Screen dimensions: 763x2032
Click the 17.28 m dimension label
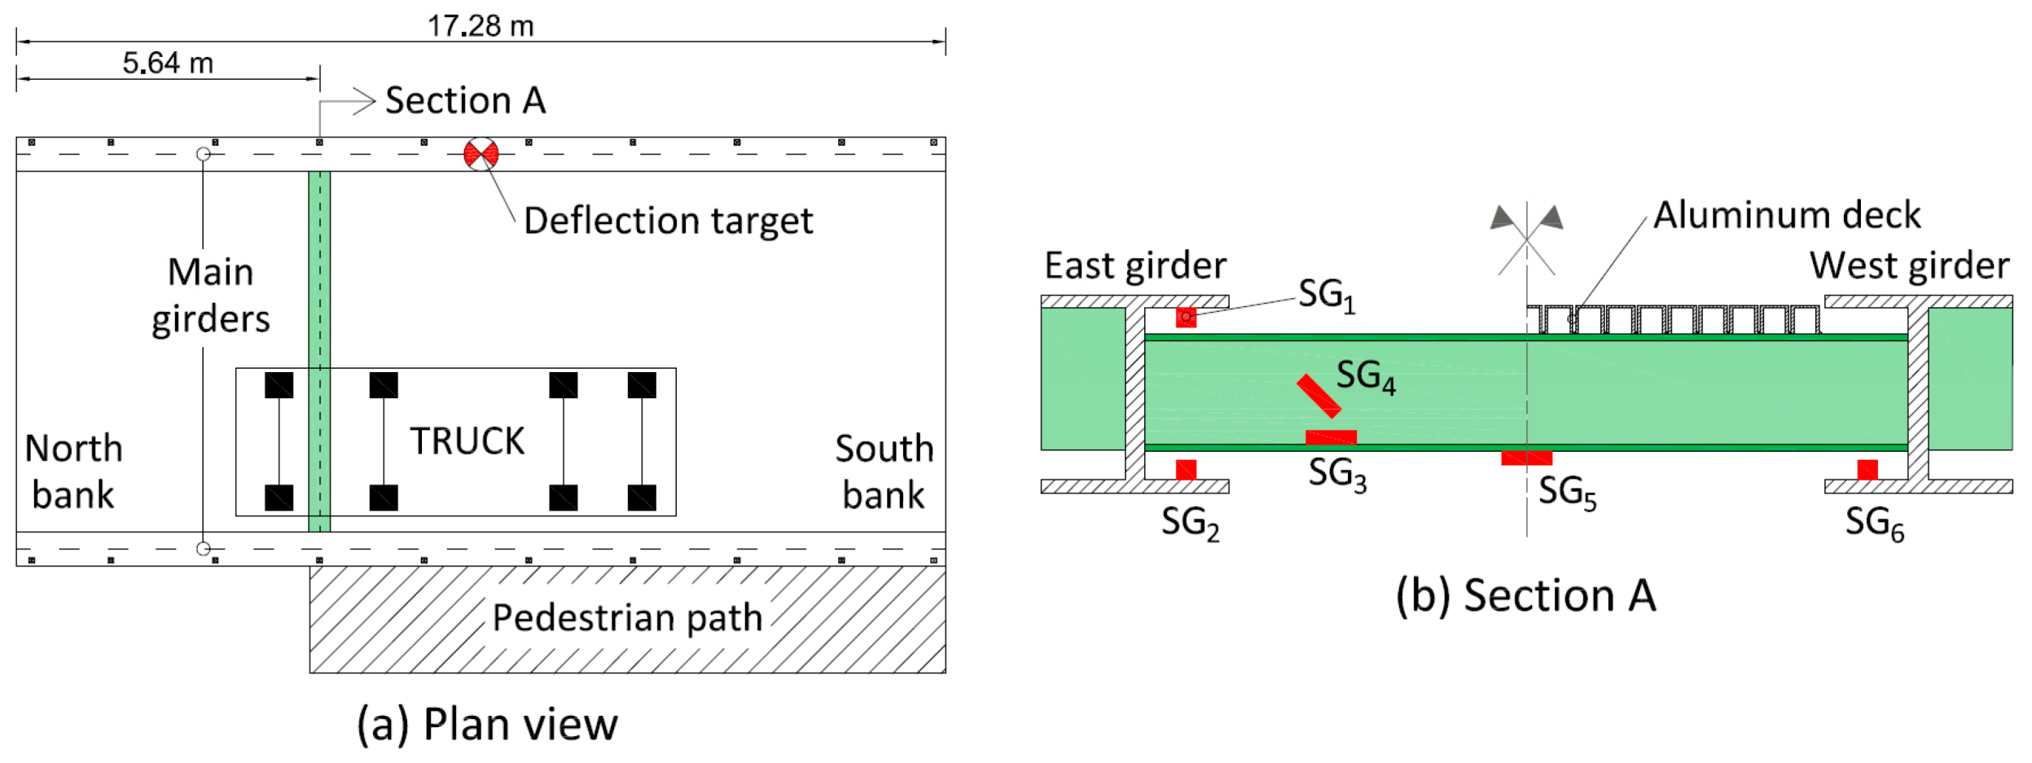(x=481, y=26)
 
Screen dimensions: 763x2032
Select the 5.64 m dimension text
(x=168, y=63)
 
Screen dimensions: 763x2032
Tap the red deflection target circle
(x=481, y=154)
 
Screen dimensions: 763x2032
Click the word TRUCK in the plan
(x=467, y=441)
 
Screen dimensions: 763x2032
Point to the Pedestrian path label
(x=627, y=618)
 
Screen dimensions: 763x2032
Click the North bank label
(x=72, y=471)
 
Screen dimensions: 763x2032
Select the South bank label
(x=884, y=471)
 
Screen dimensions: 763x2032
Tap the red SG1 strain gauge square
(x=1186, y=317)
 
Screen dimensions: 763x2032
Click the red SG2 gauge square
(x=1186, y=470)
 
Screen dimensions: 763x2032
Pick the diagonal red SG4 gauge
(x=1319, y=396)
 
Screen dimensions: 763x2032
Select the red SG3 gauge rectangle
(x=1331, y=437)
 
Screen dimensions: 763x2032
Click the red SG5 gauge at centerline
(x=1526, y=458)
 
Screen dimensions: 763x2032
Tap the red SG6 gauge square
(x=1867, y=470)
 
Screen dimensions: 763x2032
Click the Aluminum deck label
(x=1787, y=215)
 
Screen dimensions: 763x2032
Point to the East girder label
(x=1135, y=265)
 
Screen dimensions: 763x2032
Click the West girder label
(x=1909, y=265)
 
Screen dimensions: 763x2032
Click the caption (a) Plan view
(x=487, y=724)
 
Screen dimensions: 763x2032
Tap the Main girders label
(x=210, y=295)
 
